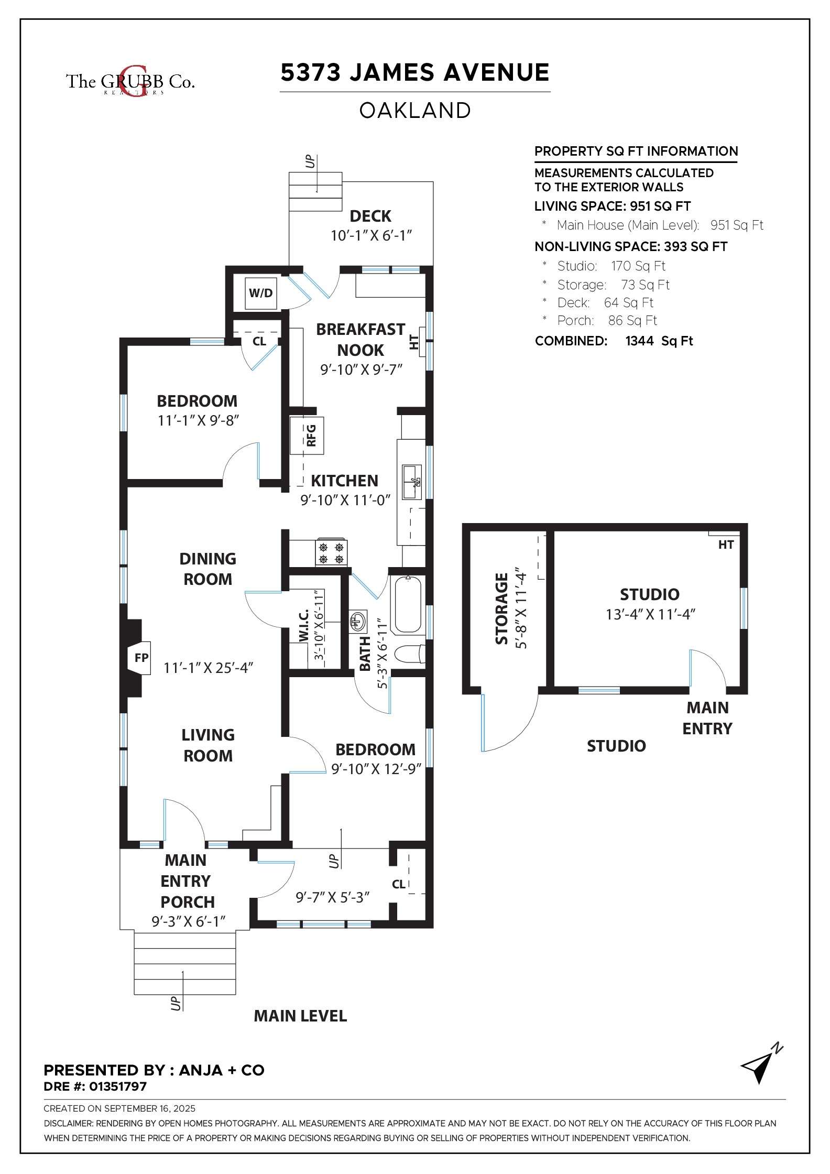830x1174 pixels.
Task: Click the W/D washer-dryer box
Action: pyautogui.click(x=260, y=292)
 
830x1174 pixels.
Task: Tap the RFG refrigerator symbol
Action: pyautogui.click(x=307, y=435)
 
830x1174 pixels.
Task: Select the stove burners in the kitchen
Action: pyautogui.click(x=331, y=552)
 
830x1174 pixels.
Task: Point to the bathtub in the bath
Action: pyautogui.click(x=408, y=604)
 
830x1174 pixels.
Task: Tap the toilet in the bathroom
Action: pyautogui.click(x=409, y=654)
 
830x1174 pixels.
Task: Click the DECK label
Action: pyautogui.click(x=370, y=216)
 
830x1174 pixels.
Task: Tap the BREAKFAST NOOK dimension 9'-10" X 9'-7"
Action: pyautogui.click(x=361, y=369)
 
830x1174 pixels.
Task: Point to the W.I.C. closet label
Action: pyautogui.click(x=303, y=625)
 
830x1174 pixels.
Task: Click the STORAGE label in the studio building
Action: pyautogui.click(x=501, y=608)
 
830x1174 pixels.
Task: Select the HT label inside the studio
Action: pyautogui.click(x=726, y=545)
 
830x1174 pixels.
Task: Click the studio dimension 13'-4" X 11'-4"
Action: pyautogui.click(x=650, y=614)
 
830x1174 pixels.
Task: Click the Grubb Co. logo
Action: pyautogui.click(x=130, y=81)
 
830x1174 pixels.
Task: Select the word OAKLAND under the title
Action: pyautogui.click(x=415, y=111)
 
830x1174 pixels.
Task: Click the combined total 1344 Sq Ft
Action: pyautogui.click(x=659, y=341)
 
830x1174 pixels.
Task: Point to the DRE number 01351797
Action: pyautogui.click(x=118, y=1086)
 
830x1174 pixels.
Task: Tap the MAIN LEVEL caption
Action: pyautogui.click(x=300, y=1016)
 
